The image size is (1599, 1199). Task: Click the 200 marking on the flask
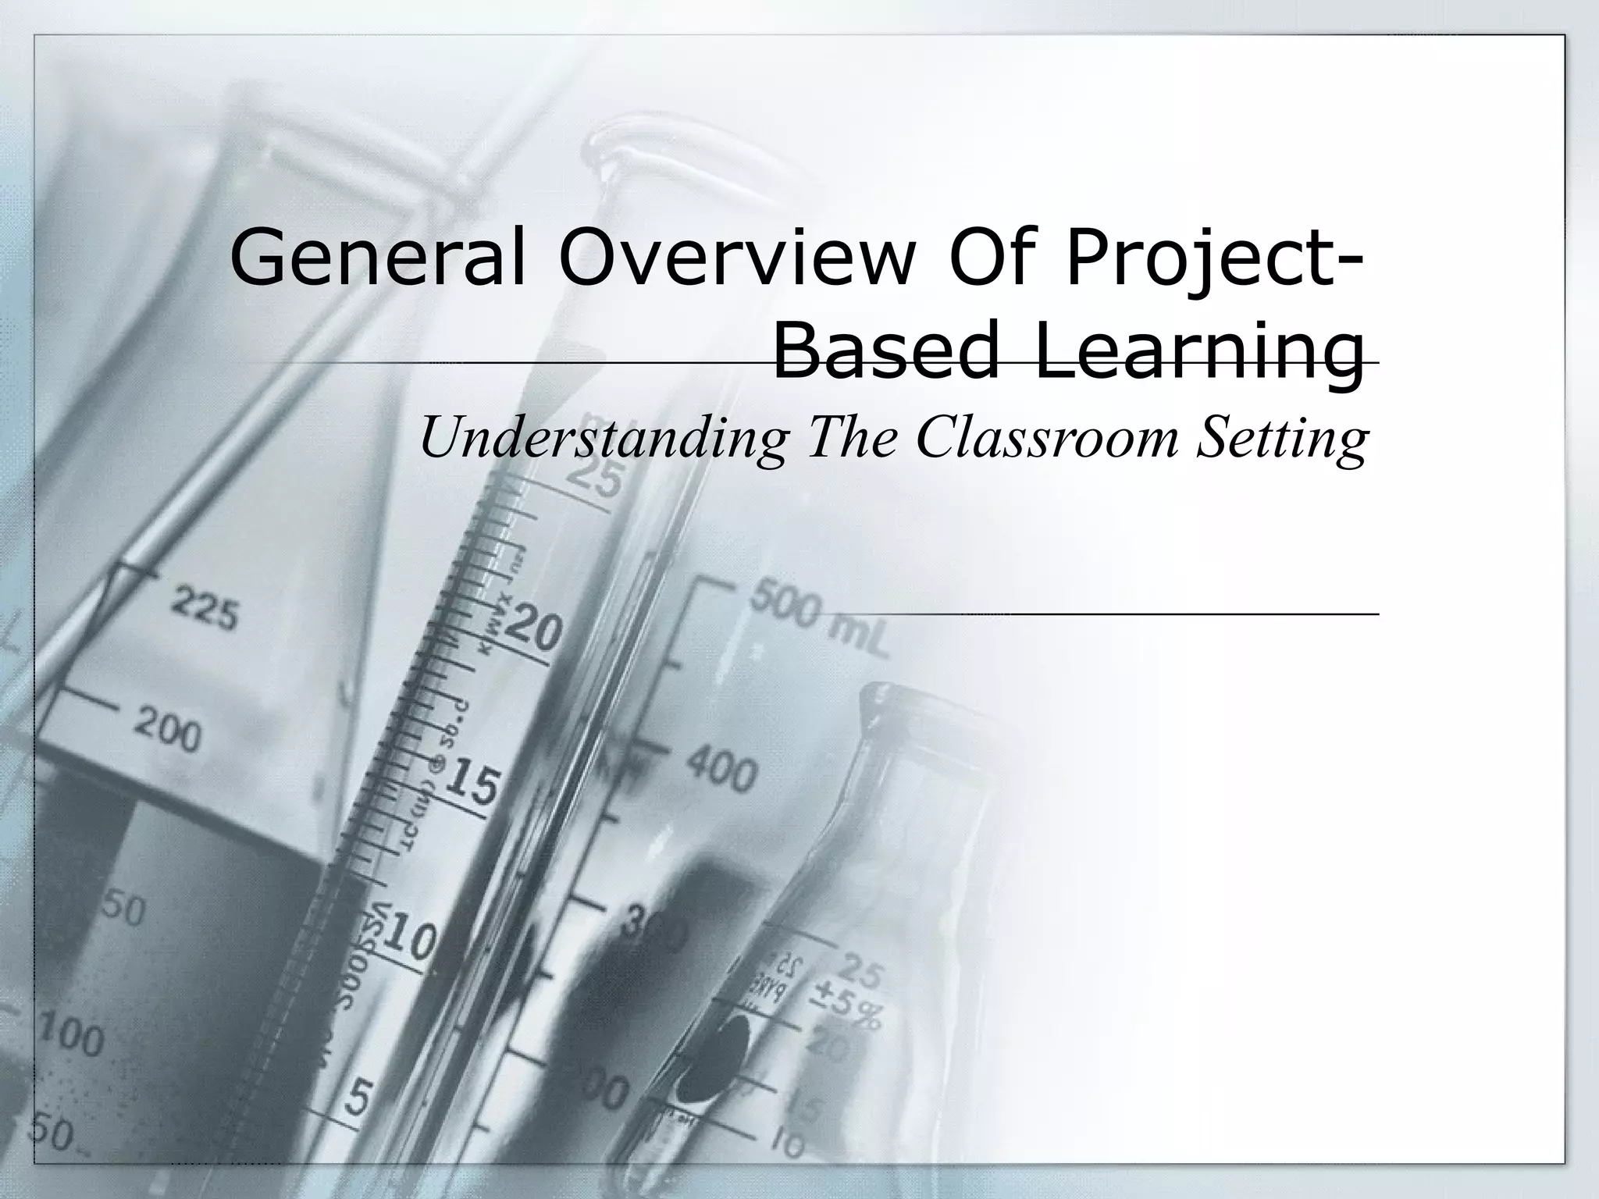point(166,731)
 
